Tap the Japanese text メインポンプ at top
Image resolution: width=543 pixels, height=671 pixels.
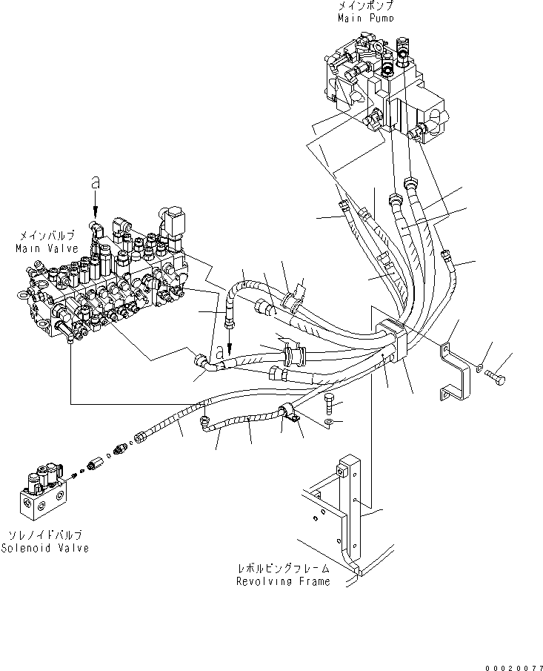[364, 6]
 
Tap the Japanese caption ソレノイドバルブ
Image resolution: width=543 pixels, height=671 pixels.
[50, 535]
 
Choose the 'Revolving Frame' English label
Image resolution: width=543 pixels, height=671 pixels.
[283, 582]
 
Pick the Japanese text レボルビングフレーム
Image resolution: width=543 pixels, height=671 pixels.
[283, 569]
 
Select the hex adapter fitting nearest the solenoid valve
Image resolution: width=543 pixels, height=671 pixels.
[95, 466]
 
